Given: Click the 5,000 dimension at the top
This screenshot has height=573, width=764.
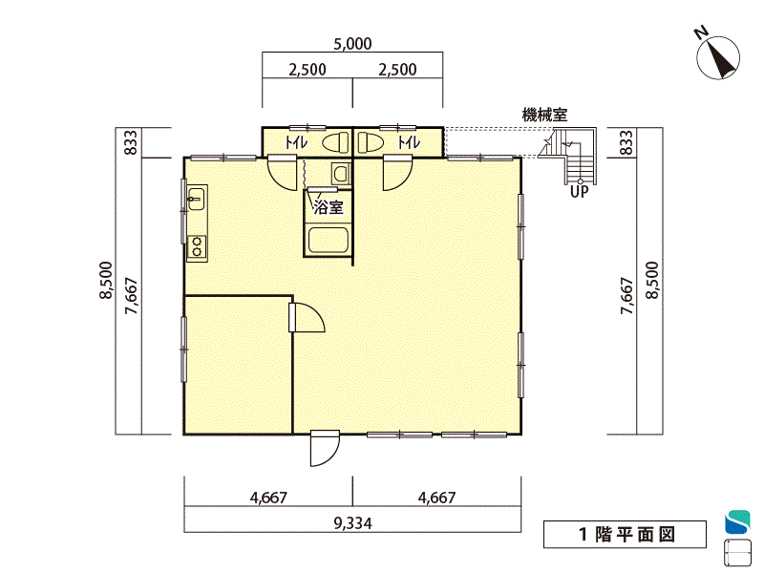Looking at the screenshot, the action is [352, 44].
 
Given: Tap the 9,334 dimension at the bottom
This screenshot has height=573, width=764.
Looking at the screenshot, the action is [352, 523].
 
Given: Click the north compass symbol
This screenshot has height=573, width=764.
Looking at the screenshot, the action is [717, 56].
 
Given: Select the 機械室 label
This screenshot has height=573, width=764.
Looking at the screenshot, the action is [544, 116].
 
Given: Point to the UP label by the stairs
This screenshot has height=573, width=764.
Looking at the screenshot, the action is [580, 192].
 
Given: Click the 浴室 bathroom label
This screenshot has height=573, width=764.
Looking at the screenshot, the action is [329, 207].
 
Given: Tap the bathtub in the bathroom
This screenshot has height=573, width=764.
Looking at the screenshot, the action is [328, 240].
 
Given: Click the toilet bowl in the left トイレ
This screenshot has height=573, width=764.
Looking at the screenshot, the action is [335, 142].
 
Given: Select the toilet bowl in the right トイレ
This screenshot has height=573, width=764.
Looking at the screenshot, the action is [371, 142].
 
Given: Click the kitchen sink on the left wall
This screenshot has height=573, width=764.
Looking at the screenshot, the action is [196, 199].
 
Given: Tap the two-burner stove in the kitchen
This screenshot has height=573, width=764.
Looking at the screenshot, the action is [197, 246].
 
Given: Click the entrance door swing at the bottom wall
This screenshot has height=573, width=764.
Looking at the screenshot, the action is [325, 448].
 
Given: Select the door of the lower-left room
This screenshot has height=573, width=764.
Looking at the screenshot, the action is [307, 317].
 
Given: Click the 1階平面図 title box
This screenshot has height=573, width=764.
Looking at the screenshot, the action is [626, 535].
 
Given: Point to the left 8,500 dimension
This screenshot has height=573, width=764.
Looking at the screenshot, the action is [106, 280].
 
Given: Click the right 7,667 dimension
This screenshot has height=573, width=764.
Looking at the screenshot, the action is [627, 296].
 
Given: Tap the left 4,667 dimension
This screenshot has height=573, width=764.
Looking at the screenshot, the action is [268, 498].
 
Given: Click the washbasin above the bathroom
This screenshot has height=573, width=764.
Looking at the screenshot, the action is [341, 173].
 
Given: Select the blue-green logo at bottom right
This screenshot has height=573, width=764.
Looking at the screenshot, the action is [737, 521].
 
